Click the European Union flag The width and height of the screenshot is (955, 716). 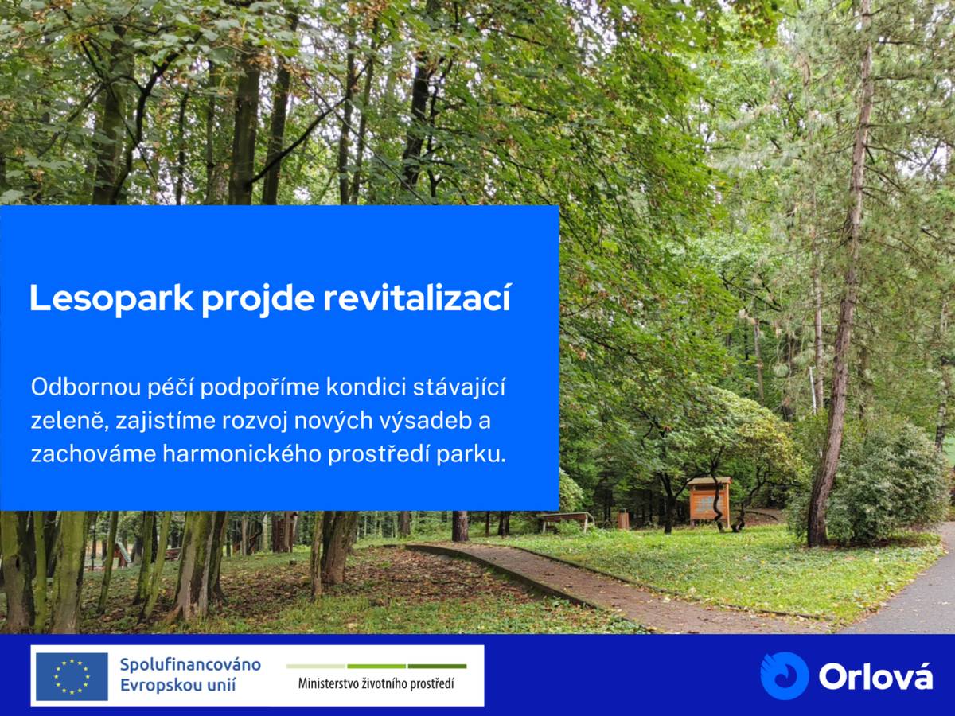72,676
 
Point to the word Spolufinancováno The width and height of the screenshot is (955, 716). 190,664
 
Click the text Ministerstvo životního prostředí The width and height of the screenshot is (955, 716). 376,683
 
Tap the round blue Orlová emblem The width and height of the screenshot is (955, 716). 784,675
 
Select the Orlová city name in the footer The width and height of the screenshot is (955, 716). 875,677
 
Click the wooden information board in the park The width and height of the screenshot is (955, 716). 708,500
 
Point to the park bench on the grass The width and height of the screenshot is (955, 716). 566,519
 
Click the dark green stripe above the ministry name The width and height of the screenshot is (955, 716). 437,666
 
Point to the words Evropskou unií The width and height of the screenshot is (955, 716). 177,686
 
